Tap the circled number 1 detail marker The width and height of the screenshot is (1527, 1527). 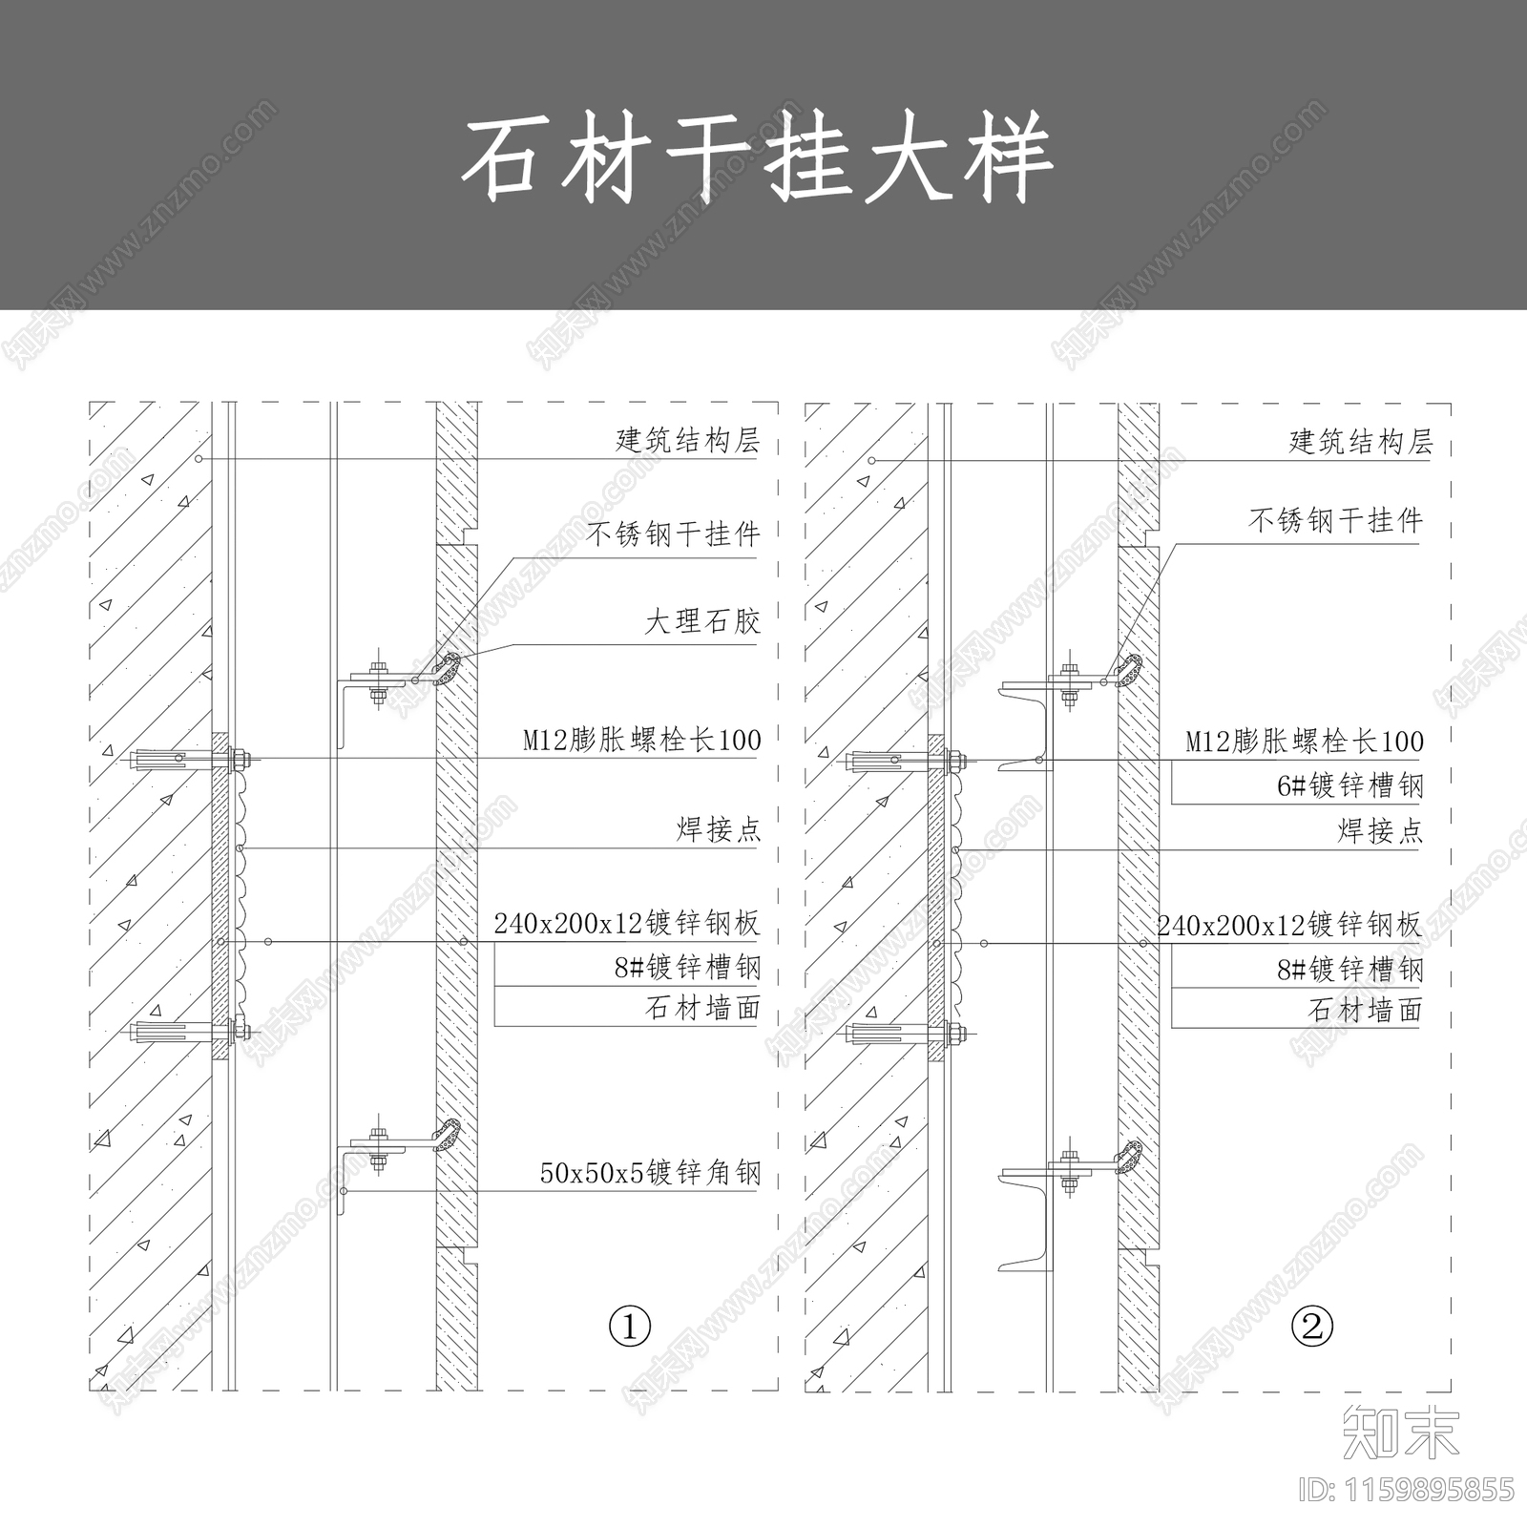coord(630,1326)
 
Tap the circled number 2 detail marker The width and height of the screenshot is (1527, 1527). coord(1311,1326)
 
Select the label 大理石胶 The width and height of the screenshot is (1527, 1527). coord(702,622)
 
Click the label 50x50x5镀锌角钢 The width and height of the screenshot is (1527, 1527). coord(650,1172)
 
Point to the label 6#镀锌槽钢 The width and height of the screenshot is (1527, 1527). coord(1349,785)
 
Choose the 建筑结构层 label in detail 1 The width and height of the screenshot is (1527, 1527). coord(687,440)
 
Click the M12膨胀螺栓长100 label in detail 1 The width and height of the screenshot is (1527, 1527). coord(641,740)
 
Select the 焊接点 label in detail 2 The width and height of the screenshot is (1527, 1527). coord(1379,831)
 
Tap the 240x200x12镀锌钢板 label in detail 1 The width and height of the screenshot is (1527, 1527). coord(626,923)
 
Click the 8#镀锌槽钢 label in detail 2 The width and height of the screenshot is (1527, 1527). coord(1349,970)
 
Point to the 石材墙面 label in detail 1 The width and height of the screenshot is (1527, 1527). coord(702,1008)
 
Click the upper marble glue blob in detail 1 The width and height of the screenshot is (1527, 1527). coord(446,669)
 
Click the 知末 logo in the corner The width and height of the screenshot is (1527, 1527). coord(1400,1433)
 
